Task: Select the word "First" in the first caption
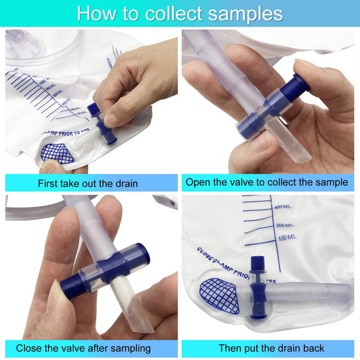48,183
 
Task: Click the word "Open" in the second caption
196,182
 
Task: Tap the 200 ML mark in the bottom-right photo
284,225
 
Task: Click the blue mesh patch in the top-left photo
58,153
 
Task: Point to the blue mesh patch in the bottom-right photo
219,295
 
